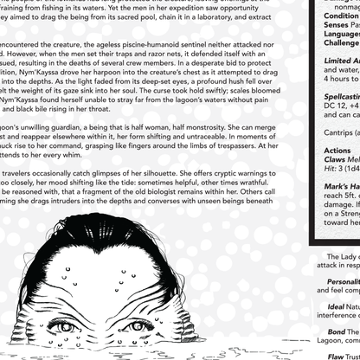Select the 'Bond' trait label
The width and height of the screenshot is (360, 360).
coord(336,331)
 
